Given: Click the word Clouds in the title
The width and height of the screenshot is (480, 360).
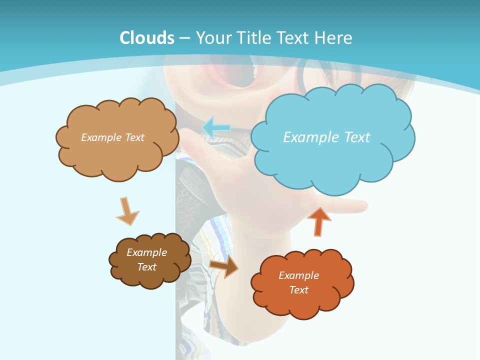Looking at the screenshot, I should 146,37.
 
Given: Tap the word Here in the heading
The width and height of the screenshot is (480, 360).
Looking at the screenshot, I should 334,37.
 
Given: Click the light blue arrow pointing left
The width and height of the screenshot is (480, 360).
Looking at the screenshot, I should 216,127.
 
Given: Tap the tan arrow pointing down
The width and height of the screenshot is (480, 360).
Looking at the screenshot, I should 127,212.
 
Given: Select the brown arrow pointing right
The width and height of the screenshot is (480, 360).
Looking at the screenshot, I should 224,266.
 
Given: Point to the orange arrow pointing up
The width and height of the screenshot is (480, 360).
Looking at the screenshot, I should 319,221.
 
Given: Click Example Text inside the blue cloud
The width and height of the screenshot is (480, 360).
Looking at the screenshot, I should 326,137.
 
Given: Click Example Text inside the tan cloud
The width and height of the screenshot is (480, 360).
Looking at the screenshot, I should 112,137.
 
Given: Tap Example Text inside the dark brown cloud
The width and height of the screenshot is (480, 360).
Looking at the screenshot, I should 146,259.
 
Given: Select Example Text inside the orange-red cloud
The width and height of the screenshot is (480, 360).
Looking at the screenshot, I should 298,282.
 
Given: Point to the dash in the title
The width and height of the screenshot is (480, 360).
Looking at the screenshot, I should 184,38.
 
